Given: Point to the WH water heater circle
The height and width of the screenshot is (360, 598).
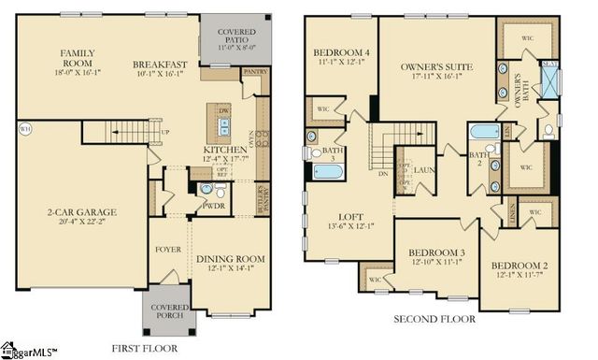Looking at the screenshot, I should [24, 129].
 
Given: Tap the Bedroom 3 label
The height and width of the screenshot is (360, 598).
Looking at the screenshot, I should [437, 253].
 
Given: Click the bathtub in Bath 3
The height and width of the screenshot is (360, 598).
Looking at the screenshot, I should [327, 170].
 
